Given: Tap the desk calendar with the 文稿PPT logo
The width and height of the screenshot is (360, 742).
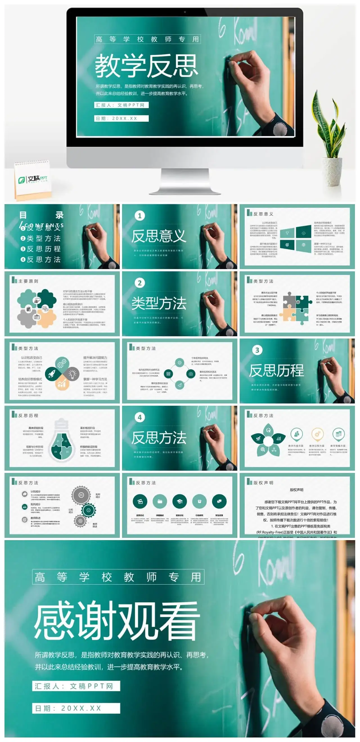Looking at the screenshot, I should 33,180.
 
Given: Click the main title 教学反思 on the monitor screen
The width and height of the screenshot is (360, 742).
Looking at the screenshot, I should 147,66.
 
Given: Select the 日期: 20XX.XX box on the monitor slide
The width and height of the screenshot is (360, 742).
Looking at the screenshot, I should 121,118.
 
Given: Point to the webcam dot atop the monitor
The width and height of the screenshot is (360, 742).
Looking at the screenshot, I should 185,12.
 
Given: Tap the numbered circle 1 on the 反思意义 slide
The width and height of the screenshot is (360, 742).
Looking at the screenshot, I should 140,216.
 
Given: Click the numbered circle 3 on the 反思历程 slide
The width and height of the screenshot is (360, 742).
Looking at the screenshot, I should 257,350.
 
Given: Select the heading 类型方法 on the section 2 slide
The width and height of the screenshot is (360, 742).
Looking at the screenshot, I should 159,303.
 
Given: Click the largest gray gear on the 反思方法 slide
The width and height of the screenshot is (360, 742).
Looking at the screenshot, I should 81,495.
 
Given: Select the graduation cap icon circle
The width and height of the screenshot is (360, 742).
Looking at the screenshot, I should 179,501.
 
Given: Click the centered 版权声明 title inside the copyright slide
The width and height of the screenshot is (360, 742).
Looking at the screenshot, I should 296,490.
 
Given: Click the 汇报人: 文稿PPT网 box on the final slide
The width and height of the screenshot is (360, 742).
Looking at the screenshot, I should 76,686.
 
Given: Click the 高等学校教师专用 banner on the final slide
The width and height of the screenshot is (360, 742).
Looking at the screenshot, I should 118,577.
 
